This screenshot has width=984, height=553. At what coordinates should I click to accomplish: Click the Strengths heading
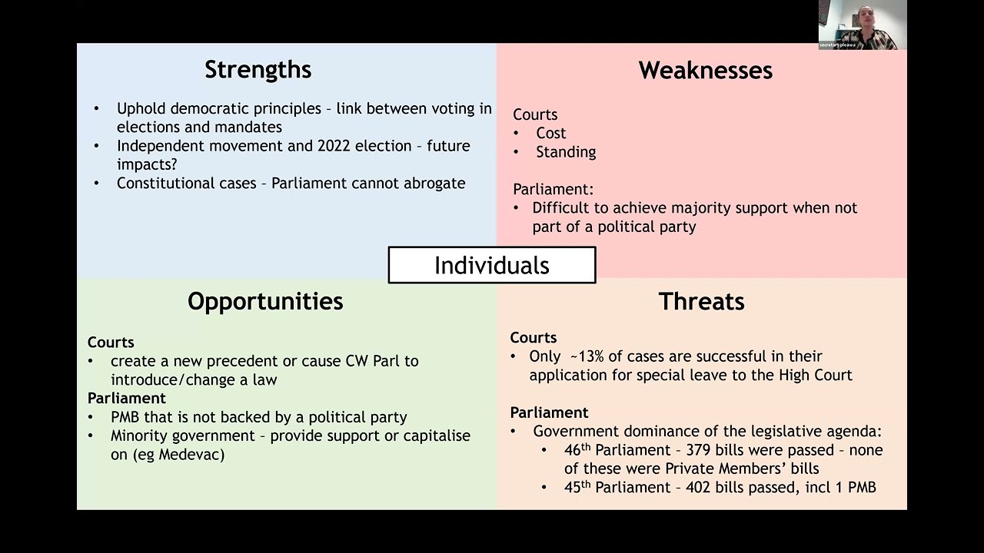point(258,70)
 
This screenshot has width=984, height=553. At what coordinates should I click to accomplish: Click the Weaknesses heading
point(705,71)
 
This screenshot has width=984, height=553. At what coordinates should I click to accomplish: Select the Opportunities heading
point(265,301)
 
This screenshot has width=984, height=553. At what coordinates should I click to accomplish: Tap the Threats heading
point(701,302)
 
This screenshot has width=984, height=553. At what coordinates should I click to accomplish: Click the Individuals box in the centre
point(492,265)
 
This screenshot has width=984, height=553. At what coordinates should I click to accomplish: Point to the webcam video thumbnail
point(862,25)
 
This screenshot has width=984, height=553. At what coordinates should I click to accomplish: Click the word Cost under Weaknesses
point(550,133)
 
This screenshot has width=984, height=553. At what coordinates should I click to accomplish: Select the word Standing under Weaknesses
point(565,152)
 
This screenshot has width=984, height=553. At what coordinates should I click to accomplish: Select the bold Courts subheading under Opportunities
point(111,343)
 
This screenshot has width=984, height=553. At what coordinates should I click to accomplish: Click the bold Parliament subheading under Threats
point(549,412)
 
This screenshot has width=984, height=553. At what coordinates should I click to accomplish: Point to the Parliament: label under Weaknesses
point(553,189)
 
